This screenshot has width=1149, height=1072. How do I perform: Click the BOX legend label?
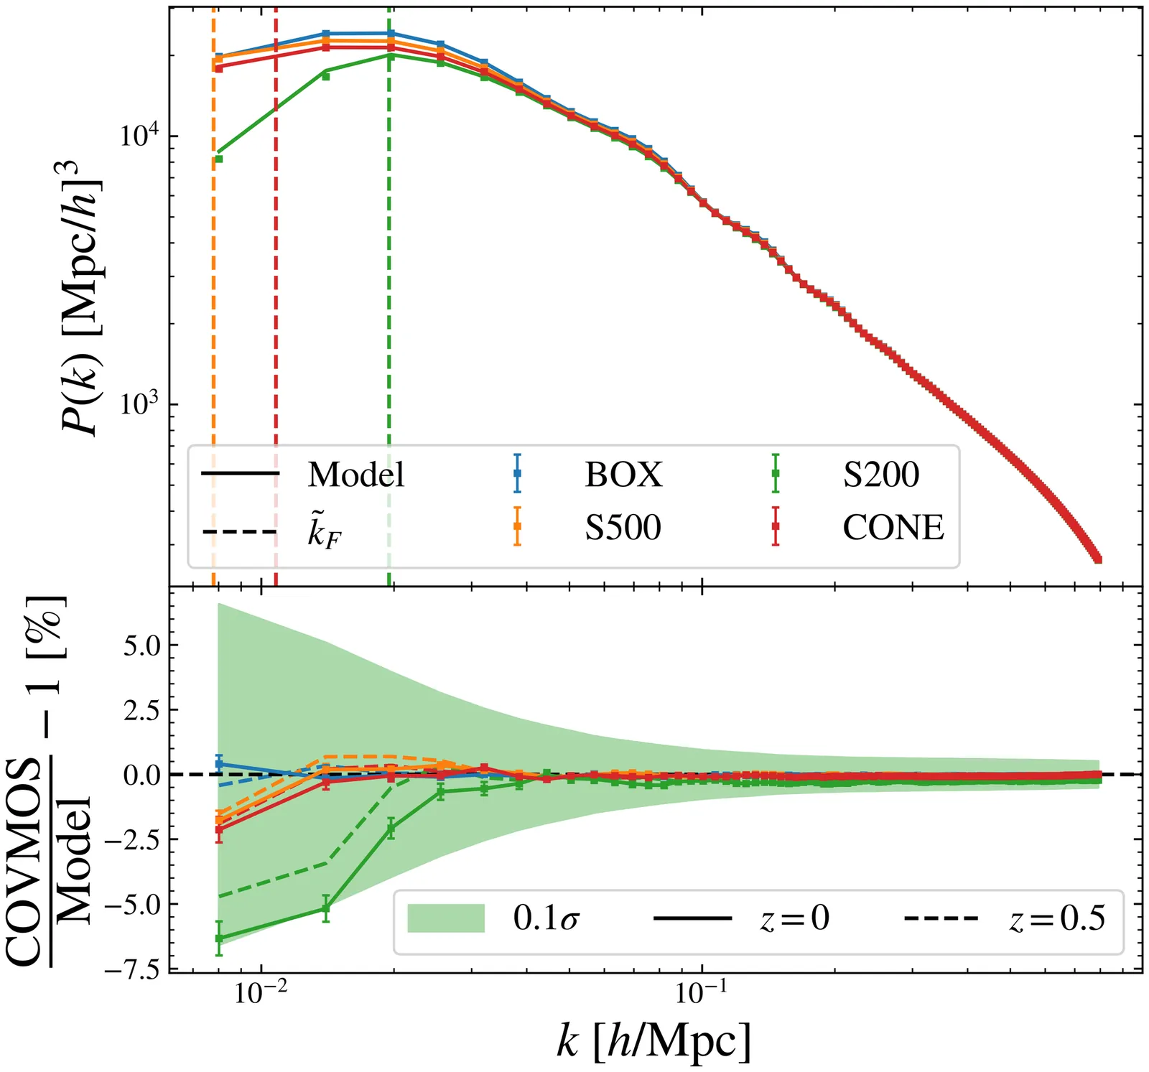(x=623, y=475)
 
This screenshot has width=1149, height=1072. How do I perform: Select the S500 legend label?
(x=623, y=528)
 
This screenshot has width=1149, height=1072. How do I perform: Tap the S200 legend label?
(x=880, y=475)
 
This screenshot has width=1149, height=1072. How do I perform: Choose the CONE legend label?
(x=893, y=528)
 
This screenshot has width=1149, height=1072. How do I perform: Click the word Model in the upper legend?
(x=356, y=475)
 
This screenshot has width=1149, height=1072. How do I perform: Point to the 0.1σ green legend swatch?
(x=446, y=918)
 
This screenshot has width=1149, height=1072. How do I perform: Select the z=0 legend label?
(x=795, y=918)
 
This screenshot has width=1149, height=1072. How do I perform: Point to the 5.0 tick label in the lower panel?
(x=141, y=645)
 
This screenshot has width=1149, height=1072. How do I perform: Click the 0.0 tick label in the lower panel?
(x=141, y=775)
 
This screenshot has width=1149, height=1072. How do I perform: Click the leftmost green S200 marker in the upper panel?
(x=219, y=159)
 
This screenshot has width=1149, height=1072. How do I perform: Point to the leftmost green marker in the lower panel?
(x=219, y=938)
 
